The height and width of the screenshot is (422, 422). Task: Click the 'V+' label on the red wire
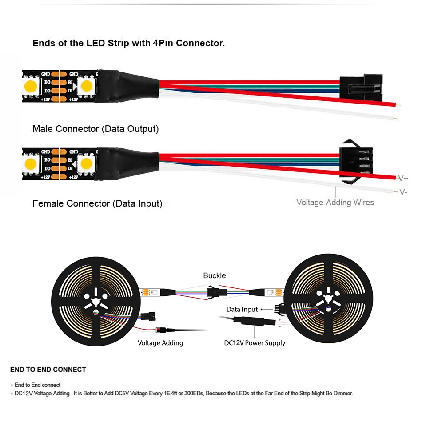(402, 179)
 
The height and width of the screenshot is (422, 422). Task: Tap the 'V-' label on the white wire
(402, 192)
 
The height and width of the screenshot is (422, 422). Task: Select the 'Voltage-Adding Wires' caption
(335, 203)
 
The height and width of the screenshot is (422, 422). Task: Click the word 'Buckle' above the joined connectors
(215, 275)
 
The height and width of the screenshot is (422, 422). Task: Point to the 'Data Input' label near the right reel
(242, 309)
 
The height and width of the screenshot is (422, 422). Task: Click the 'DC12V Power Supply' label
(255, 342)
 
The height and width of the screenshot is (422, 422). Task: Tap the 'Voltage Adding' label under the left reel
(160, 342)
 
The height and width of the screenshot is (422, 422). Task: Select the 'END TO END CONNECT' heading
(48, 369)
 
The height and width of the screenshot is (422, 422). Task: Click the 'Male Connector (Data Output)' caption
(96, 129)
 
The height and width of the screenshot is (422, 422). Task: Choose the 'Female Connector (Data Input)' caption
(97, 203)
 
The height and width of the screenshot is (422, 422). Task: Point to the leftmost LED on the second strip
(31, 163)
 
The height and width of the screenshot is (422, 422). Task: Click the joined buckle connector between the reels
(216, 292)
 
